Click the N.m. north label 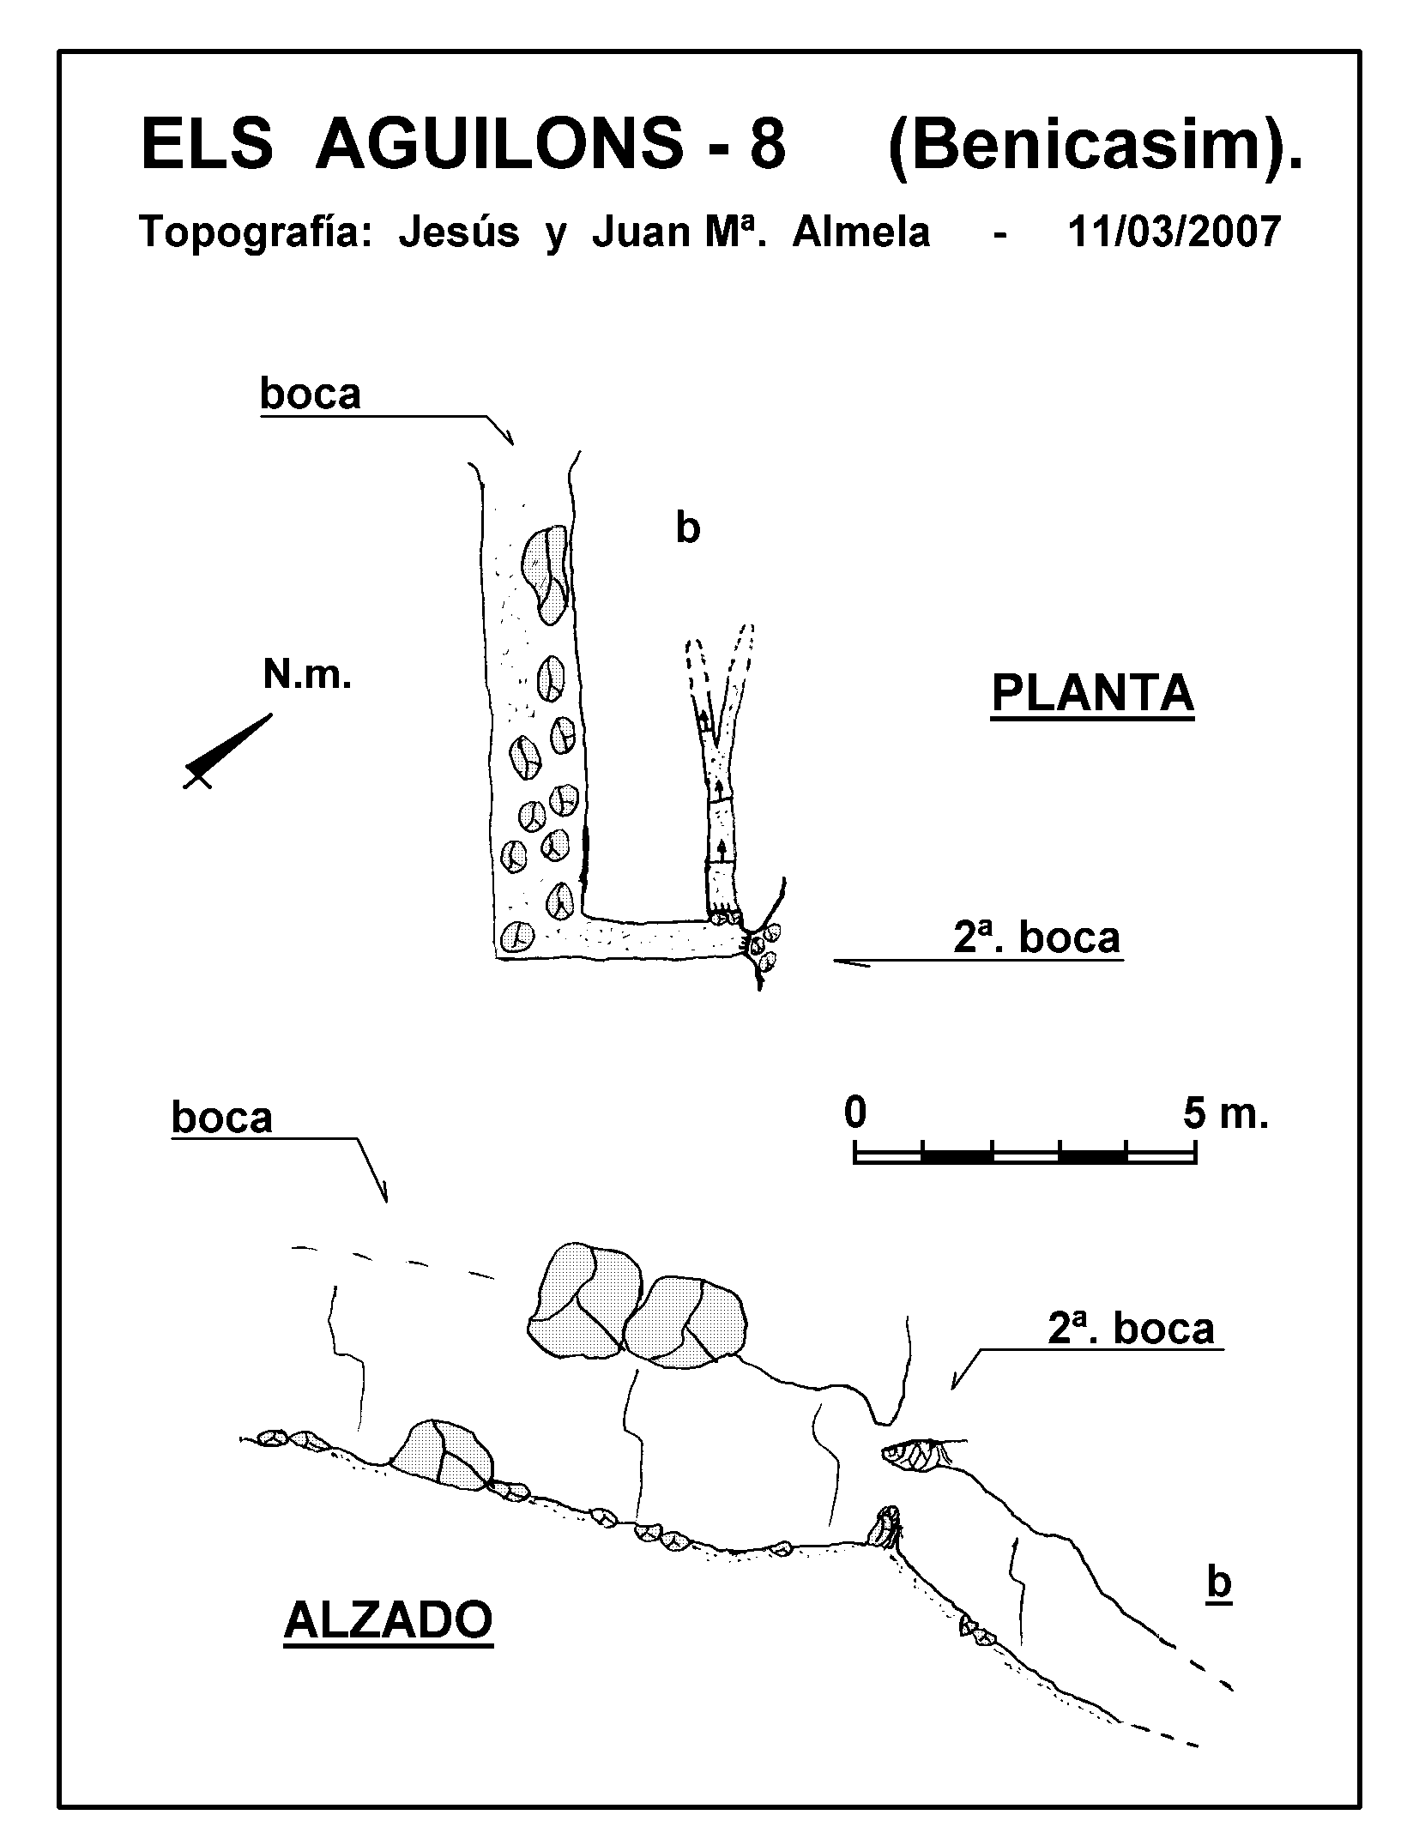point(307,677)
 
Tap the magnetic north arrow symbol point(227,751)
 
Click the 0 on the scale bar point(855,1114)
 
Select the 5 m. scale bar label point(1225,1114)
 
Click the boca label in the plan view point(311,395)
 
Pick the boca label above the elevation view point(221,1118)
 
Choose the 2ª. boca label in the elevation point(1131,1328)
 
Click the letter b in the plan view point(687,528)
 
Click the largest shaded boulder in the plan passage point(545,573)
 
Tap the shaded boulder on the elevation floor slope point(443,1454)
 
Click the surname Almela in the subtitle point(860,232)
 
